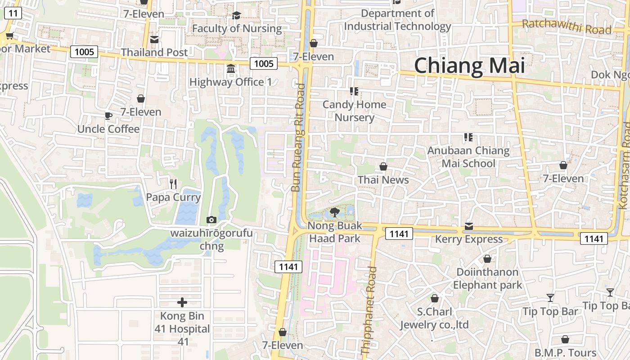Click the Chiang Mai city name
pos(469,66)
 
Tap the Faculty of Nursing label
pos(237,29)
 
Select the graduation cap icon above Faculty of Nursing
pos(236,16)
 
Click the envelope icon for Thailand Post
pos(154,40)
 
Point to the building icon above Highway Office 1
pos(231,69)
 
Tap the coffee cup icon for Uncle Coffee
pos(108,116)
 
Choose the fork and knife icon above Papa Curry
pos(173,184)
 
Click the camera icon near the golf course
pos(211,220)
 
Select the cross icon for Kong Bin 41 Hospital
pos(182,302)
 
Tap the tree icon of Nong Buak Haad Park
pos(334,212)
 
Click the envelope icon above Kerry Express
pos(469,226)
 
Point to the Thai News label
pos(383,180)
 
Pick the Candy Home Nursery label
pos(355,111)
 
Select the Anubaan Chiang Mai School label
pos(468,157)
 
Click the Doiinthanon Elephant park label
pos(487,279)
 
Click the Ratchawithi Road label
pos(567,27)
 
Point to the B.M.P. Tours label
pos(565,353)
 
